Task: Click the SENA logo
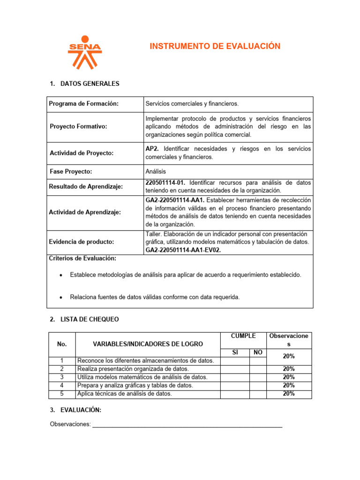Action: [x=84, y=52]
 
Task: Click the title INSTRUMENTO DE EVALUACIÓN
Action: [x=215, y=46]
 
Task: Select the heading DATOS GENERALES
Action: [x=90, y=84]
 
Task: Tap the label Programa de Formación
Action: [x=83, y=104]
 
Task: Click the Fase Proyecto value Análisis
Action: [x=156, y=172]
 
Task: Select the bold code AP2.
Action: [x=153, y=149]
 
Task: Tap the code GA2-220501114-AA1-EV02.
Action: [x=183, y=250]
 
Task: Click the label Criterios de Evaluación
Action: [x=82, y=258]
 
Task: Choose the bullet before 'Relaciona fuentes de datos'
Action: [x=62, y=297]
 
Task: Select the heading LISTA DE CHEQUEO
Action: [x=90, y=319]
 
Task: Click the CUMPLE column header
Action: [x=243, y=336]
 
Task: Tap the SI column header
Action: [x=235, y=352]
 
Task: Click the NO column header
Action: [x=257, y=352]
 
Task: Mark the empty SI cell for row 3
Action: [x=235, y=377]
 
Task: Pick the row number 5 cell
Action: [x=62, y=394]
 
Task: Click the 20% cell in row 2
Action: [x=289, y=369]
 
